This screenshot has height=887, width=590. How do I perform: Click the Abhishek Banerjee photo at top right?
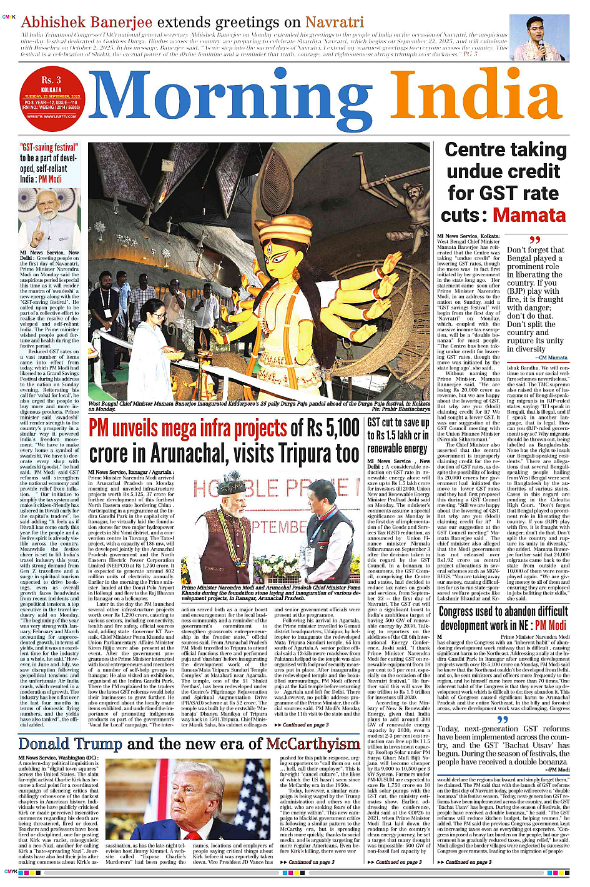[x=539, y=38]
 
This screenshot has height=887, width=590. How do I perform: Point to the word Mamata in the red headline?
[x=529, y=215]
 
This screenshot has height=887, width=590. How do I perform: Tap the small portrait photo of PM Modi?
[x=49, y=218]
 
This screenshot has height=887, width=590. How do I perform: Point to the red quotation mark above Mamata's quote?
[x=534, y=241]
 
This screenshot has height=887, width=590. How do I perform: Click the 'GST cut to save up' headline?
[x=398, y=423]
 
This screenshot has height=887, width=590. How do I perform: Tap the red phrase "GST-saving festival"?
[x=49, y=148]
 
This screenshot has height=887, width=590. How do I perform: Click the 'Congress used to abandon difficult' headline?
[x=503, y=611]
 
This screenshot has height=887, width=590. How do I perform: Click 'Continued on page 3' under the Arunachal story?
[x=305, y=724]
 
